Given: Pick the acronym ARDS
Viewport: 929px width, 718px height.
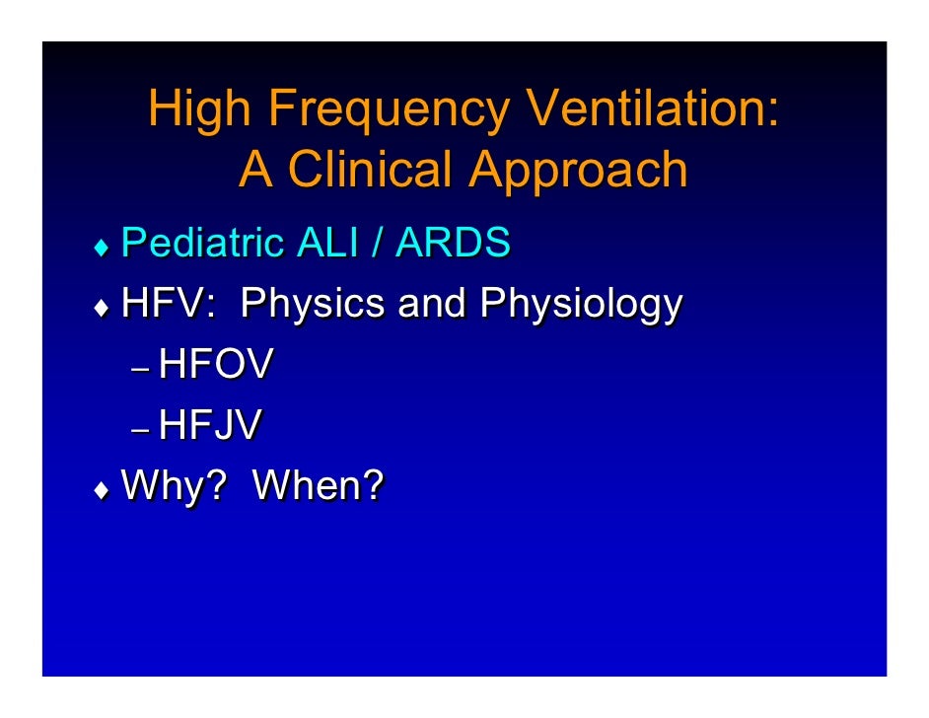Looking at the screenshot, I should (x=454, y=243).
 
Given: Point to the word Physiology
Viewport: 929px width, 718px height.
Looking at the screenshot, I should (x=579, y=305).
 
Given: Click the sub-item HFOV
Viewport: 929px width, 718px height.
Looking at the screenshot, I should (x=216, y=366).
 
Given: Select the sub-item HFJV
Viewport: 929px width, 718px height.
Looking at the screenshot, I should (x=211, y=425).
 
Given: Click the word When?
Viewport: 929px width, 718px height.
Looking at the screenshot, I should (x=318, y=485).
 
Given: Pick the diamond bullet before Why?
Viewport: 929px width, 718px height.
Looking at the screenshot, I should (x=99, y=488).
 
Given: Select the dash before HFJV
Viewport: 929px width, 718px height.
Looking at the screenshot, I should (x=140, y=430).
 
